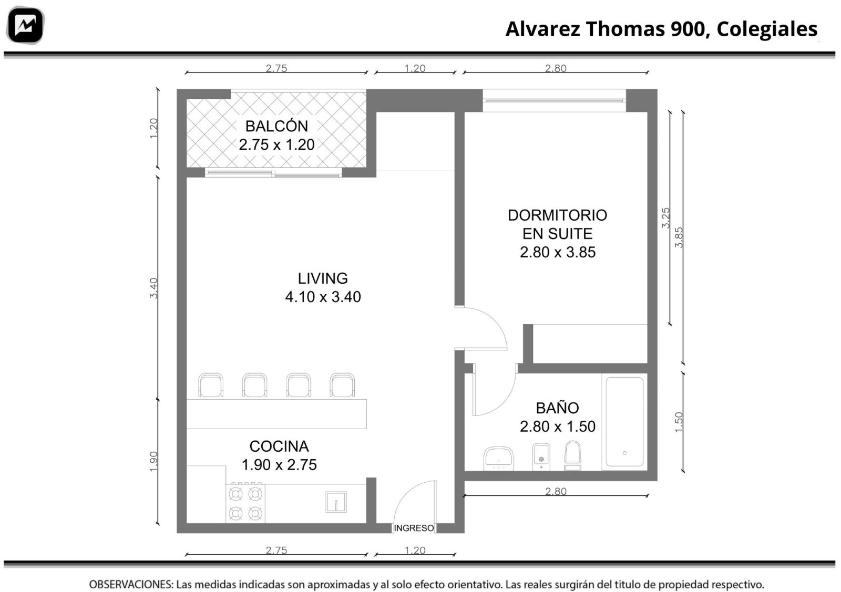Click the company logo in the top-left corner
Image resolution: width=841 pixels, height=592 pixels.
coord(26,25)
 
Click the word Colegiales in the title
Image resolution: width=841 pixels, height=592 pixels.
coord(767,29)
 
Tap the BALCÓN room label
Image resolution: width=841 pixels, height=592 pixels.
coord(276,126)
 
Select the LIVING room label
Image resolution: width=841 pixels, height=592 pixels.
coord(323,278)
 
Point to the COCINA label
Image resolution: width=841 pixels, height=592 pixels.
coord(279,446)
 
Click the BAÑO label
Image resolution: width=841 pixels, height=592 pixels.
coord(557,408)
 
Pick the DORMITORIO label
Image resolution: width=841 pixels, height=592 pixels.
coord(558,215)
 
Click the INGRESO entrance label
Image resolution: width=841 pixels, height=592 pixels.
coord(414,528)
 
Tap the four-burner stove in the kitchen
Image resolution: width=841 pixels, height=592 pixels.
coord(245,503)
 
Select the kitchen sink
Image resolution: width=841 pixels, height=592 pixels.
coord(336,502)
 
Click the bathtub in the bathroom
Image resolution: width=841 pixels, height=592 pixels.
coord(624,422)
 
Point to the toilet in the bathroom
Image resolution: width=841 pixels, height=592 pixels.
coord(572,455)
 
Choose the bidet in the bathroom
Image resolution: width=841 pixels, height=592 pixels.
coord(541,457)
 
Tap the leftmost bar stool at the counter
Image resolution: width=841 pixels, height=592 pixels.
coord(211,385)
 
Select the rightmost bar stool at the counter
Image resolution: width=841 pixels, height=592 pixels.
coord(342,385)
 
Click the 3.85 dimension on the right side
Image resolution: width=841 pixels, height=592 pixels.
coord(679,237)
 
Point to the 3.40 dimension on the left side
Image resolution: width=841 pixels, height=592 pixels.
coord(154,288)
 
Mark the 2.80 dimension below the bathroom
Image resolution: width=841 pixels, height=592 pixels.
coord(556,491)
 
